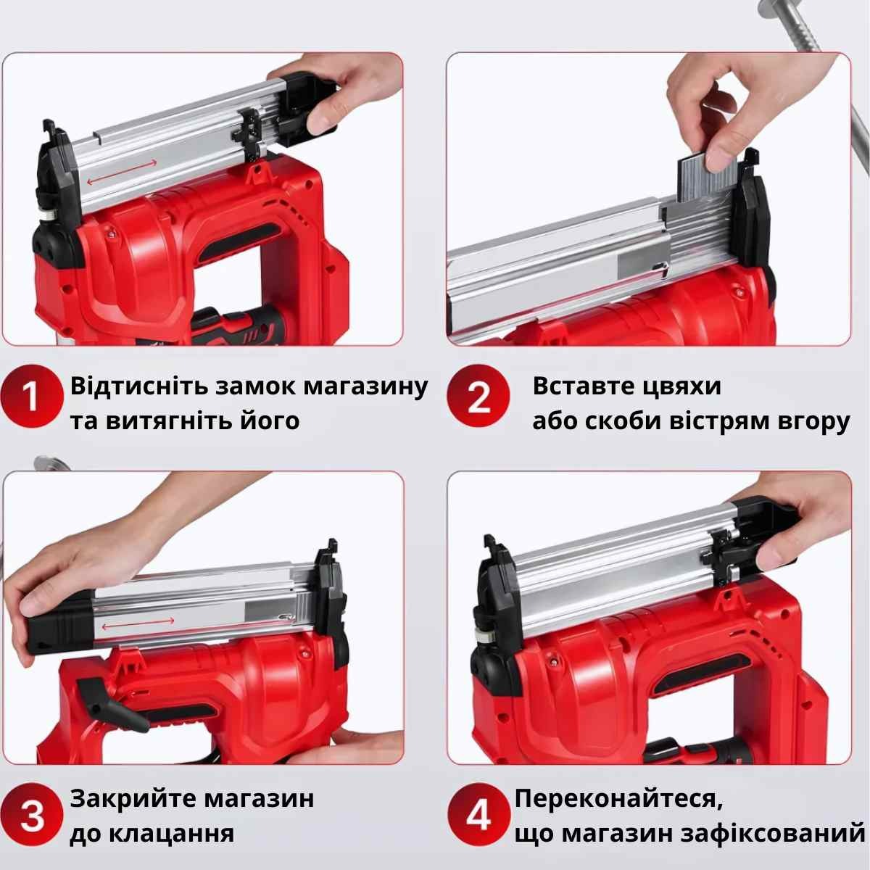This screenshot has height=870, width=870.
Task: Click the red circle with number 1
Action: (32, 396)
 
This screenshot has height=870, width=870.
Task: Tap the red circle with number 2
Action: (478, 396)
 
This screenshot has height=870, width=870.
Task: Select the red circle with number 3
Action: (32, 814)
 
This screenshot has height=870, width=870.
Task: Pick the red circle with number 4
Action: (478, 814)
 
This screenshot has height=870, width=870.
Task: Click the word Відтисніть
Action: (138, 386)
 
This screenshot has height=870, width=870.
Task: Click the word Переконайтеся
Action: (618, 799)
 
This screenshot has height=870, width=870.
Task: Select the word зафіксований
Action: (773, 834)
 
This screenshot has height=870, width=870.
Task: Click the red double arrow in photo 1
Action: (122, 172)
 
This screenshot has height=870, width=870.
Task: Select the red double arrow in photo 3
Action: (138, 623)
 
